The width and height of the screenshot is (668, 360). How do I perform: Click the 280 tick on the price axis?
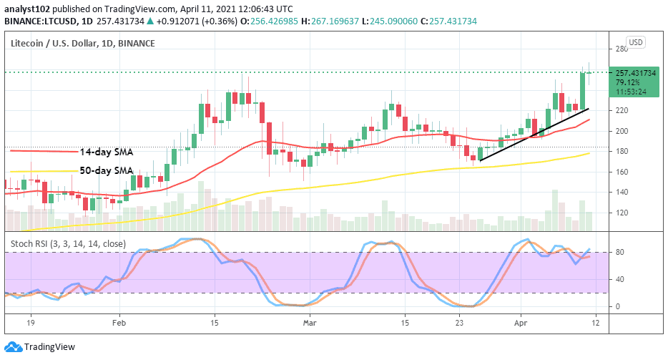[623, 49]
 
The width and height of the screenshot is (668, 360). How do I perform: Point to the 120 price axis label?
[623, 213]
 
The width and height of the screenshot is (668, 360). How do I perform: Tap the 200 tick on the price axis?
[623, 132]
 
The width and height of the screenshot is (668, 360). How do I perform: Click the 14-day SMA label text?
[106, 152]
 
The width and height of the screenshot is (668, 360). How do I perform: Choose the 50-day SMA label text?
[106, 170]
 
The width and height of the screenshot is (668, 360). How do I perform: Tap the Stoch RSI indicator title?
[68, 243]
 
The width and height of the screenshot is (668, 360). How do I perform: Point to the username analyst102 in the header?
[26, 9]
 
